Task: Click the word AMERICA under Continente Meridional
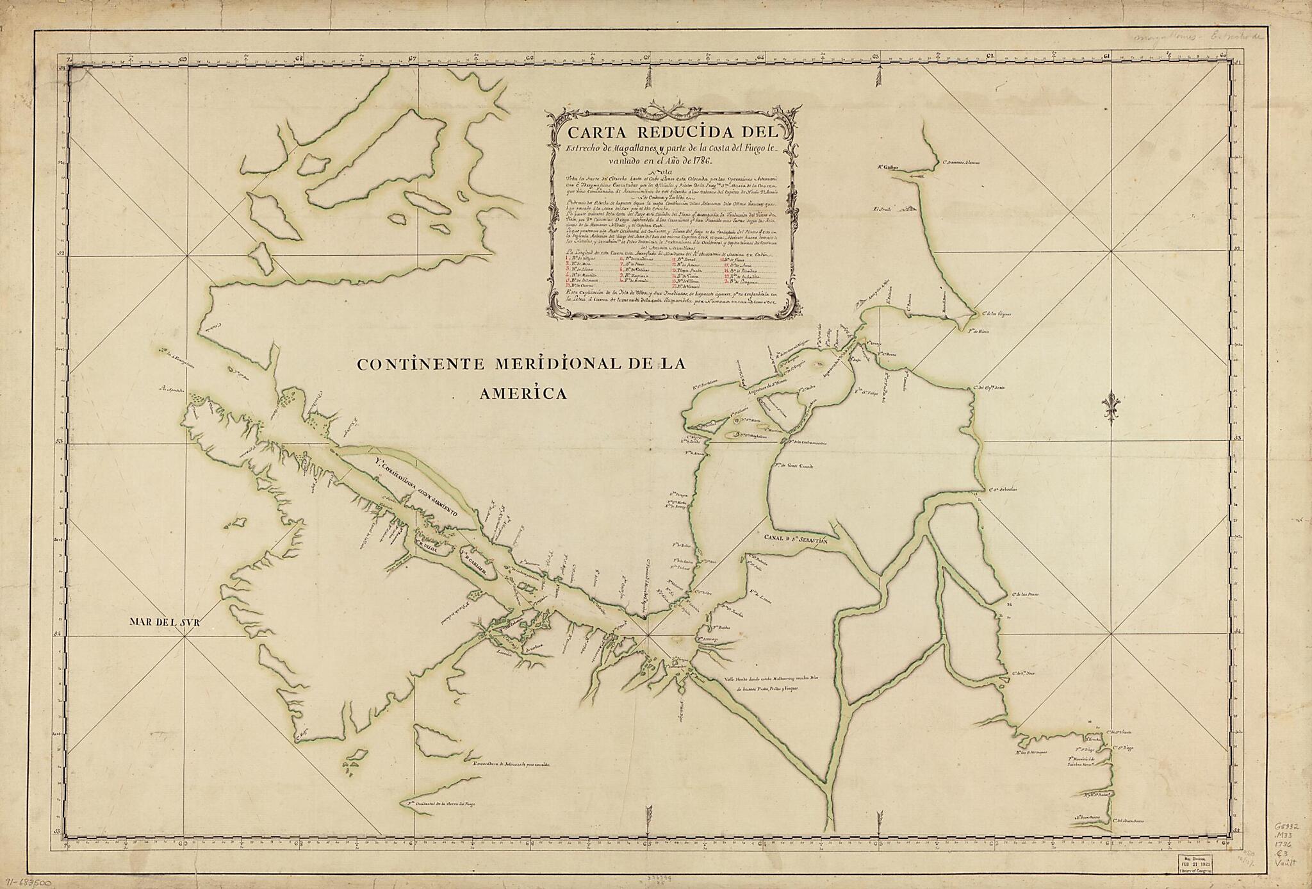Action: [x=523, y=394]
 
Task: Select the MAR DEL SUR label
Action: [x=165, y=621]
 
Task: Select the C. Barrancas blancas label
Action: [x=961, y=162]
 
